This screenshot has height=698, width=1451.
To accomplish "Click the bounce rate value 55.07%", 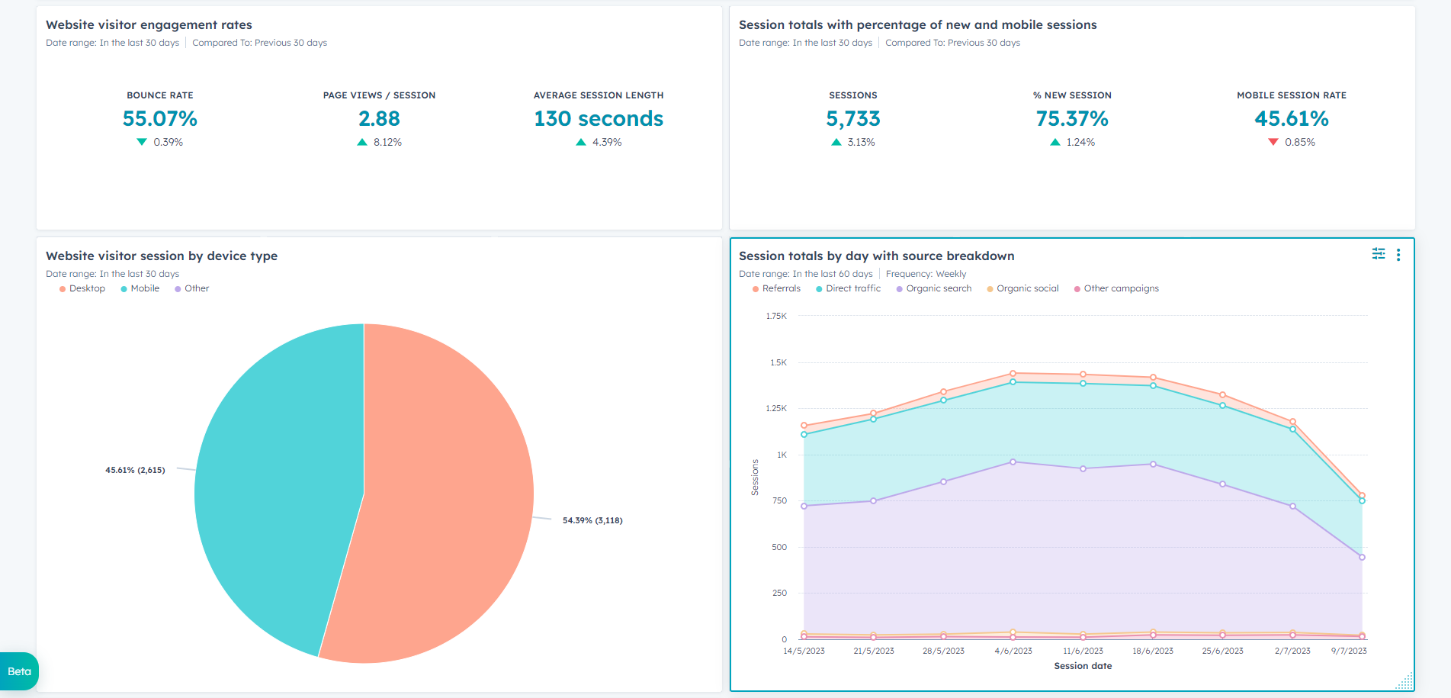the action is (x=160, y=119).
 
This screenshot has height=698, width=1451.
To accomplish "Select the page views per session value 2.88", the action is (x=379, y=119).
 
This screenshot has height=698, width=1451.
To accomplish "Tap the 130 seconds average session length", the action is (x=599, y=119).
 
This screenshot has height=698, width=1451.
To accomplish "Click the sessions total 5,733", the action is (x=853, y=119).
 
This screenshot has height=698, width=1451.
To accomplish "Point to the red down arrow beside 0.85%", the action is (x=1273, y=142).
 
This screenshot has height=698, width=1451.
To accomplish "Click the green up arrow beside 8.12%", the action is (x=362, y=142).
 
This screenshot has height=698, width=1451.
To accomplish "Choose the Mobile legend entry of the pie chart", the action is (x=140, y=288).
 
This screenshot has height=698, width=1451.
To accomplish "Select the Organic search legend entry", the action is (x=934, y=288).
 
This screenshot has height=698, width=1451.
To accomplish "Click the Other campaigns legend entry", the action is (x=1116, y=288).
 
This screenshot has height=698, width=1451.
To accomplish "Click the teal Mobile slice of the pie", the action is (x=274, y=488).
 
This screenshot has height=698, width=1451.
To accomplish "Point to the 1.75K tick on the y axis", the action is (x=776, y=316).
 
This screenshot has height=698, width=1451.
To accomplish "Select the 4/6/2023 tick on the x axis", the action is (x=1013, y=651).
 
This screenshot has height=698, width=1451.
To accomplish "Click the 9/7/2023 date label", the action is (x=1349, y=651).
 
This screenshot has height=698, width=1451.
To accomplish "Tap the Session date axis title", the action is (x=1083, y=666).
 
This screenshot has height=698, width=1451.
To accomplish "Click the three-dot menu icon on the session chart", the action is (x=1398, y=255).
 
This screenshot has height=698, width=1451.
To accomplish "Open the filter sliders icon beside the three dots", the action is (x=1379, y=254).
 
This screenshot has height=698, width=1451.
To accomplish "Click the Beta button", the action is (x=19, y=671).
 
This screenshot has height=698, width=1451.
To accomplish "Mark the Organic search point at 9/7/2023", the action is (x=1362, y=557).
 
